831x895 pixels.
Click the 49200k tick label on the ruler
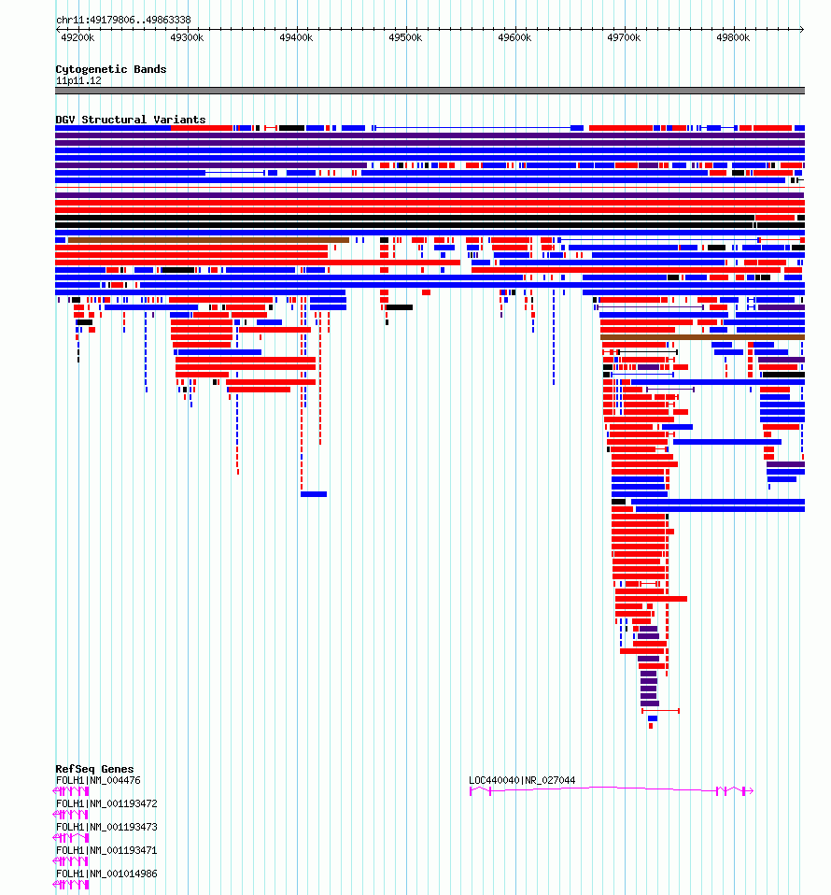[77, 37]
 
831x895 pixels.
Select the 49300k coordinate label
[187, 37]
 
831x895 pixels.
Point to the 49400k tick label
[296, 37]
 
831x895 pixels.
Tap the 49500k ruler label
[405, 37]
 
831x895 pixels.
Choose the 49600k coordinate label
[514, 37]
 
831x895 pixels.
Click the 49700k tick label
[624, 37]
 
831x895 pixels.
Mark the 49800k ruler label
[733, 37]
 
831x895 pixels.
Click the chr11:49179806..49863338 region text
[124, 20]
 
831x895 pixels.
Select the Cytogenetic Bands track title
[111, 69]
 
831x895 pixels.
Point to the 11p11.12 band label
[78, 81]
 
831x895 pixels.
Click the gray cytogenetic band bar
[430, 91]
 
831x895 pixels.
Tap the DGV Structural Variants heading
[131, 120]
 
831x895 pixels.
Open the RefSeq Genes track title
[94, 769]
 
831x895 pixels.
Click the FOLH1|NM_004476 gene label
[98, 780]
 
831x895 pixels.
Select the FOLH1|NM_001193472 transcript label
[106, 803]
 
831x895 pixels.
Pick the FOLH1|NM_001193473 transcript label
[106, 827]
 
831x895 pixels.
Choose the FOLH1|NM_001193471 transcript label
[106, 850]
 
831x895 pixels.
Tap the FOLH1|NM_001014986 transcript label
[106, 874]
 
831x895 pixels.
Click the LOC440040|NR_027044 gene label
[522, 780]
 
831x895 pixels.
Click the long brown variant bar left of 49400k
[209, 240]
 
